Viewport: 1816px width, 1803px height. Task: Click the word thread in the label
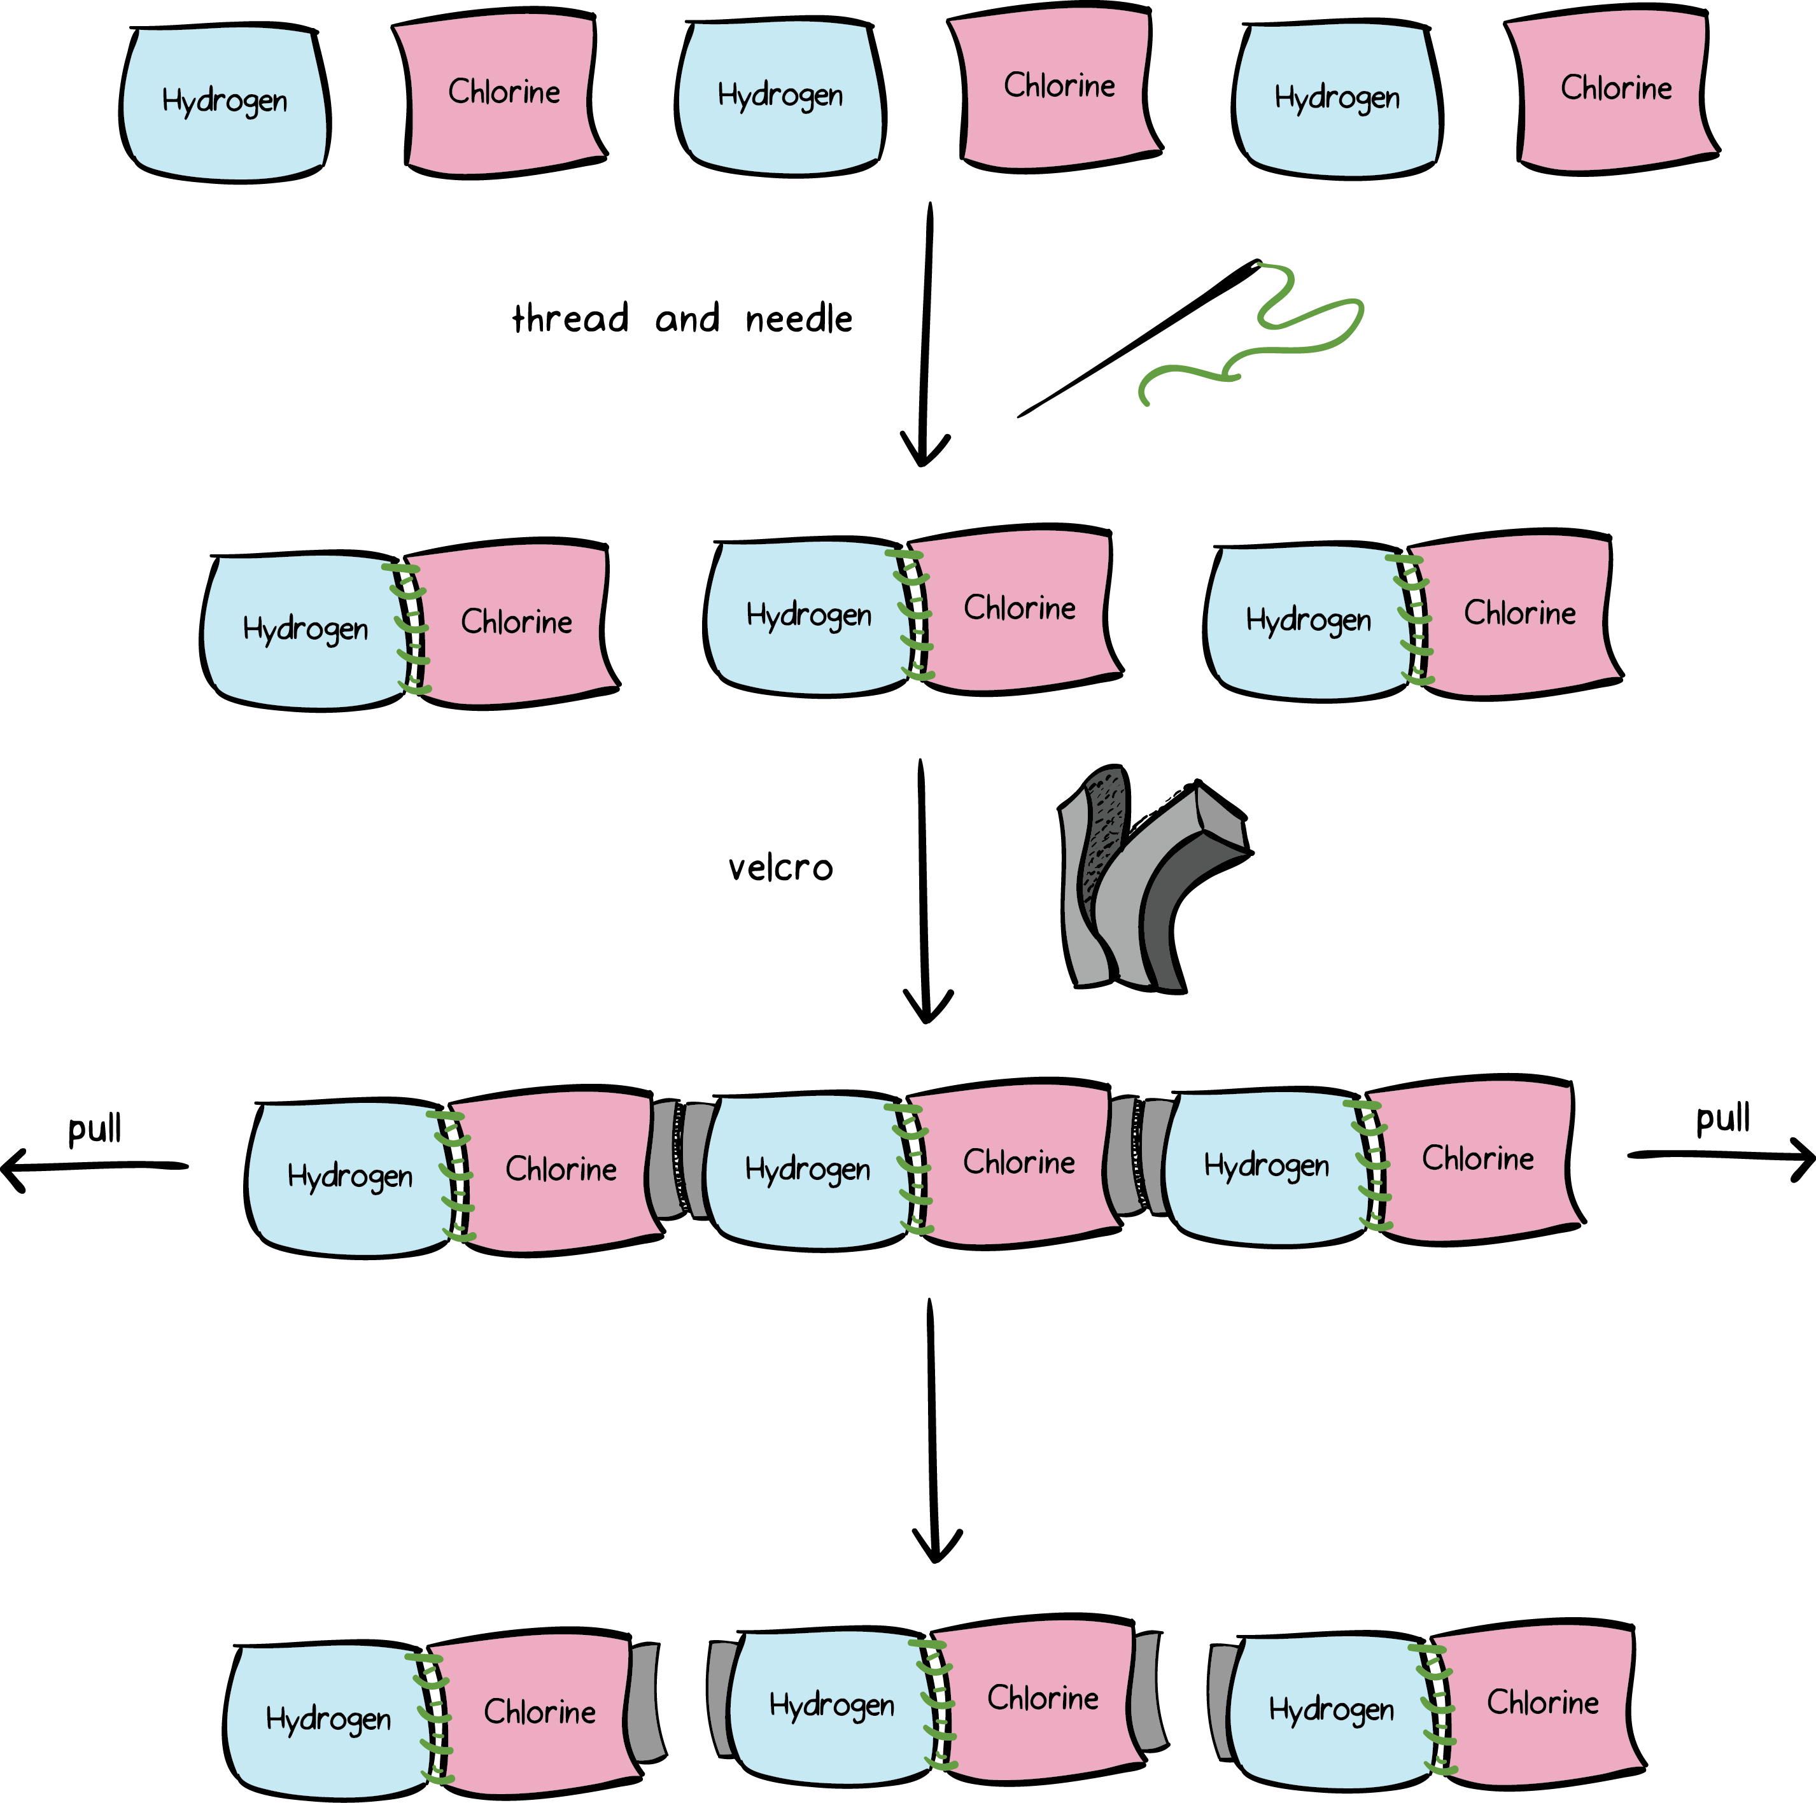pos(570,319)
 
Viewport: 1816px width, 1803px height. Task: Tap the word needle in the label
pos(799,319)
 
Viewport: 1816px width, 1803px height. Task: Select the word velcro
pos(780,867)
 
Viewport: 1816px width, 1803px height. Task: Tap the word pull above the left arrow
pos(95,1127)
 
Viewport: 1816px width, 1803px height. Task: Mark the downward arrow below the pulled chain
pos(933,1429)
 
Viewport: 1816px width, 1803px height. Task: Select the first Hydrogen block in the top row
pos(225,102)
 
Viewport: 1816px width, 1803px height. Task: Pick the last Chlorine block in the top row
pos(1615,89)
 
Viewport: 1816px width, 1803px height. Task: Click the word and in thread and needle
pos(687,319)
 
